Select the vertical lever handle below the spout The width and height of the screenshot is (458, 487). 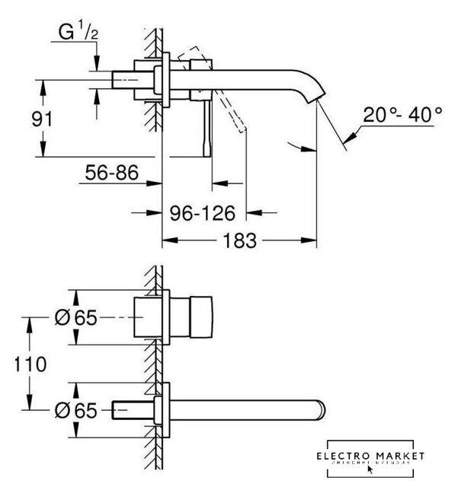(x=207, y=129)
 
